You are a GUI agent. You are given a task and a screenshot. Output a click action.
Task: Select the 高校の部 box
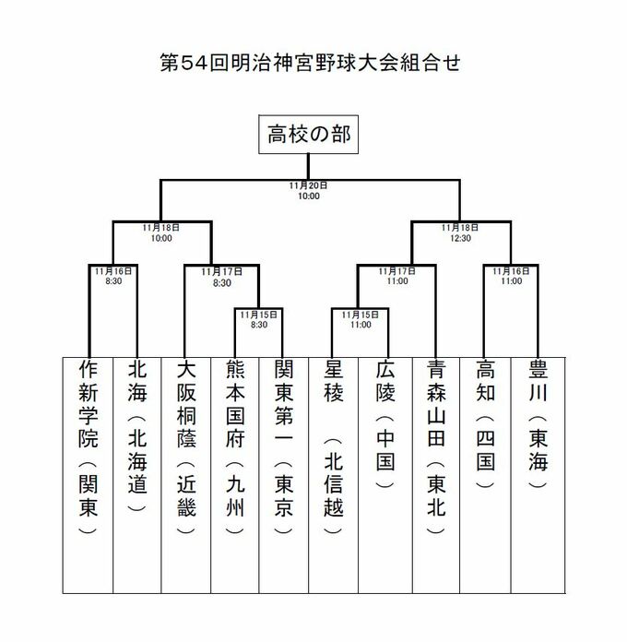pyautogui.click(x=308, y=138)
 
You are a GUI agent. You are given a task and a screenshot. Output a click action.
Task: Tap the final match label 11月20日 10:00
pyautogui.click(x=309, y=191)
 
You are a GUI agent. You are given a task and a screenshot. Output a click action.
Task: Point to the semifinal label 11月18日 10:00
pyautogui.click(x=161, y=232)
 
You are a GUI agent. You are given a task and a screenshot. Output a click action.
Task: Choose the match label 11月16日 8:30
pyautogui.click(x=112, y=276)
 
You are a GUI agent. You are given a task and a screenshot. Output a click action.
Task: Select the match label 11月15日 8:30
pyautogui.click(x=257, y=319)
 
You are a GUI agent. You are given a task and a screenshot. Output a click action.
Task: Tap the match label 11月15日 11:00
pyautogui.click(x=360, y=319)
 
